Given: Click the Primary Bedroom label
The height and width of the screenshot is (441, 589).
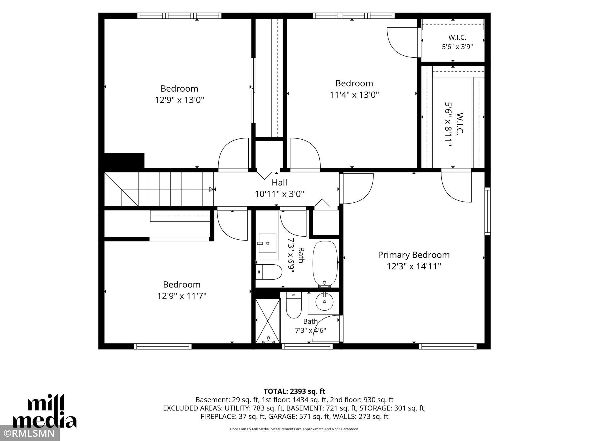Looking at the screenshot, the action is point(414,255).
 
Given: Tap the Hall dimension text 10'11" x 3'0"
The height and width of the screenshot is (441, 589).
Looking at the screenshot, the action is point(279,194).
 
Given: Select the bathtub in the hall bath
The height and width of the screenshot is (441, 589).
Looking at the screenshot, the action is point(325,264).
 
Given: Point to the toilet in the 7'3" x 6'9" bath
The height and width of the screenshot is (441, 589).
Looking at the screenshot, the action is point(269,272).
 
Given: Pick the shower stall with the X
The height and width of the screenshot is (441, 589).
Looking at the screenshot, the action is point(268,321).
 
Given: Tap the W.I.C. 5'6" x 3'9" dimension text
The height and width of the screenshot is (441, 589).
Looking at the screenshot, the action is point(457,47).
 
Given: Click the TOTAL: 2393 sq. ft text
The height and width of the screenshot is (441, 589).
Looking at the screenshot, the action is point(294,391).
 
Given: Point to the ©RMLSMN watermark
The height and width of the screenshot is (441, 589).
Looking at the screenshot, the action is point(30,433).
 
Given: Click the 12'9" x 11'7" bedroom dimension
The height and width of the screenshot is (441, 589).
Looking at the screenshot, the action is point(182,296).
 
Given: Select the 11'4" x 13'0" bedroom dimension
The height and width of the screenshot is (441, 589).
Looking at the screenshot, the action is point(354,95).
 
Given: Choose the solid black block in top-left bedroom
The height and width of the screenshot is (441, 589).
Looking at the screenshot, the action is point(124,161).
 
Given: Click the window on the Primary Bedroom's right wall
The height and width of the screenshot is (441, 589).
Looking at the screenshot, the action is point(487,211).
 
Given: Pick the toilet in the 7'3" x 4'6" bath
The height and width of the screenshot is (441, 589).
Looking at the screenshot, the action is point(294,305).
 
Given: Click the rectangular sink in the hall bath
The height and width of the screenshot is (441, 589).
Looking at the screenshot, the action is point(267,243).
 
